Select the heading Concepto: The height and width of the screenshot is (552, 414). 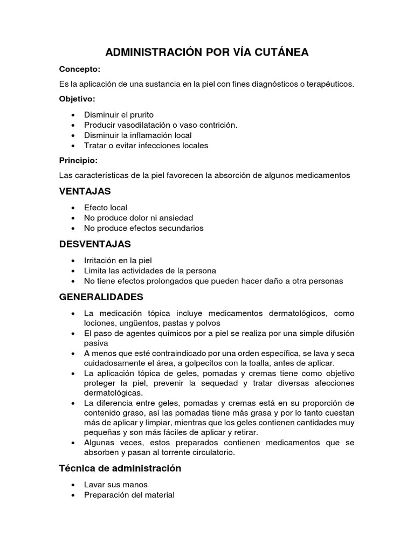coord(79,70)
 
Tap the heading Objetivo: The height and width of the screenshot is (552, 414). coord(77,99)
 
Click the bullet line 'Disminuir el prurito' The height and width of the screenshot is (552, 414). coord(119,115)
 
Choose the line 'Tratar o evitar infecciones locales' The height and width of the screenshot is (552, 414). coord(146,146)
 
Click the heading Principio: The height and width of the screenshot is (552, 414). coord(78,160)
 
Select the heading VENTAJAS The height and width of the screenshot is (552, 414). coord(85,191)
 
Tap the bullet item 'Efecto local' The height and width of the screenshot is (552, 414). coord(106,208)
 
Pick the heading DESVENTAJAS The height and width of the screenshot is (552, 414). coord(95,244)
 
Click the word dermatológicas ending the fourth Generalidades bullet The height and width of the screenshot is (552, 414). coord(113,393)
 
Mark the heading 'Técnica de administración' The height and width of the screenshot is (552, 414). coord(120,468)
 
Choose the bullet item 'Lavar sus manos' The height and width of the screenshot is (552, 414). coord(115,485)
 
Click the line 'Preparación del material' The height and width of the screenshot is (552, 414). coord(129,495)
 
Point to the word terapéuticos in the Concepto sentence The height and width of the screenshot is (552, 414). coord(329,85)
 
